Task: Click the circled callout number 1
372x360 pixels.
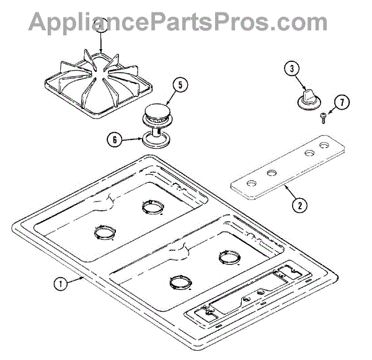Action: tap(60, 284)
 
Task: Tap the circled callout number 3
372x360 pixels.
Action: tap(291, 69)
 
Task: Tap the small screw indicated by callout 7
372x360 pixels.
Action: tap(324, 118)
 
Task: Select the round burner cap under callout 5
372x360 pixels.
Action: tap(158, 113)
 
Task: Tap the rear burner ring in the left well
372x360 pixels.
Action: tap(150, 205)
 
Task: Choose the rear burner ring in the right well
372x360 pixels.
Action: tap(228, 255)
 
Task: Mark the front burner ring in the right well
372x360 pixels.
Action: tap(180, 283)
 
